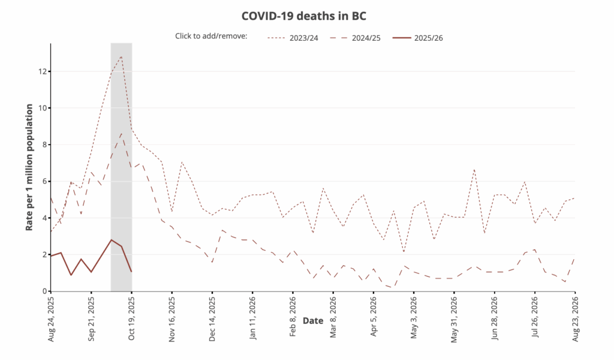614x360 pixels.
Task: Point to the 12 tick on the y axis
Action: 42,71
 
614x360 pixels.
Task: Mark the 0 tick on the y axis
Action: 43,291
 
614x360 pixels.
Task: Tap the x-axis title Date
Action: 313,321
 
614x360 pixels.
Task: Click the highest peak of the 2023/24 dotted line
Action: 122,57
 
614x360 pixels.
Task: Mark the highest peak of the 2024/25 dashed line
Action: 122,133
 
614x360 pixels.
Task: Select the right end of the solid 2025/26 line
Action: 131,272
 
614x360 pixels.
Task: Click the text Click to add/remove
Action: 210,37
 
